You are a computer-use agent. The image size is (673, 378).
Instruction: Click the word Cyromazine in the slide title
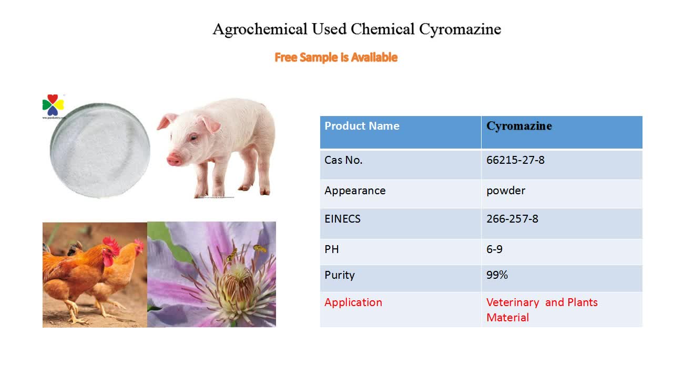pyautogui.click(x=460, y=29)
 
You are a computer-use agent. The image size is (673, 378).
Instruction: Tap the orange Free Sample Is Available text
pyautogui.click(x=336, y=57)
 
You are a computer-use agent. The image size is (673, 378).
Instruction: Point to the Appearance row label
pyautogui.click(x=355, y=191)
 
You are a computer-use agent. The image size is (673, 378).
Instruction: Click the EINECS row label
pyautogui.click(x=342, y=219)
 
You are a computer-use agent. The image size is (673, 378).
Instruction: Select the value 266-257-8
pyautogui.click(x=512, y=219)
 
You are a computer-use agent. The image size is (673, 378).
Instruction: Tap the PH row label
pyautogui.click(x=332, y=249)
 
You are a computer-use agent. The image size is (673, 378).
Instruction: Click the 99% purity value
pyautogui.click(x=497, y=275)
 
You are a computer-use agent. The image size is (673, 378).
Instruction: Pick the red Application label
pyautogui.click(x=353, y=302)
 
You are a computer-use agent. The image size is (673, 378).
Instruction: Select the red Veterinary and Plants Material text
pyautogui.click(x=542, y=310)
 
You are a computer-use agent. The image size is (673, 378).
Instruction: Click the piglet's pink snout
pyautogui.click(x=174, y=159)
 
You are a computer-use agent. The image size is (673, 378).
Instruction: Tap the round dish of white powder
pyautogui.click(x=100, y=150)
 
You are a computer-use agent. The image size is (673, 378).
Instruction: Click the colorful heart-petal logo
pyautogui.click(x=53, y=104)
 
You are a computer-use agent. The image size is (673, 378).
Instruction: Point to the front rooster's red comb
pyautogui.click(x=111, y=244)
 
